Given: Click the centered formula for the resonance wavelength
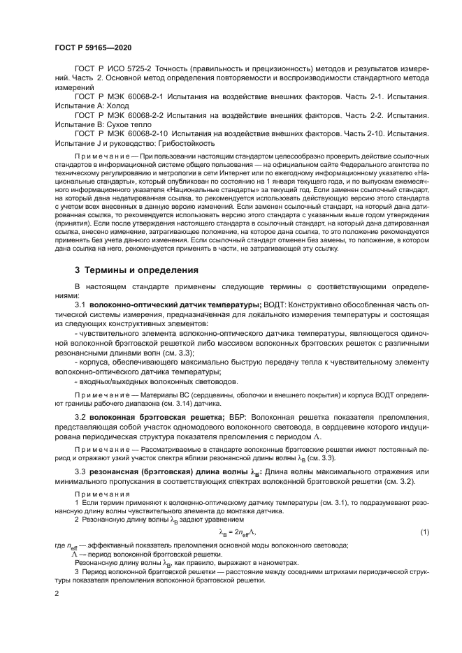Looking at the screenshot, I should (238, 533).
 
